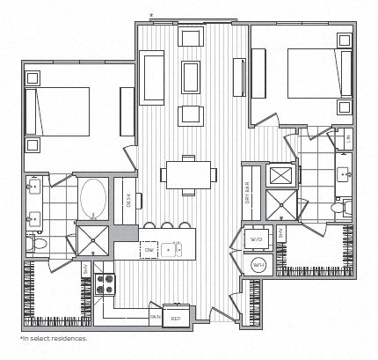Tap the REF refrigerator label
(x=176, y=318)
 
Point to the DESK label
(x=128, y=201)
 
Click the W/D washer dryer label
(x=257, y=239)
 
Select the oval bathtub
(x=92, y=197)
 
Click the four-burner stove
(x=105, y=283)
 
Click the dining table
(x=187, y=173)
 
